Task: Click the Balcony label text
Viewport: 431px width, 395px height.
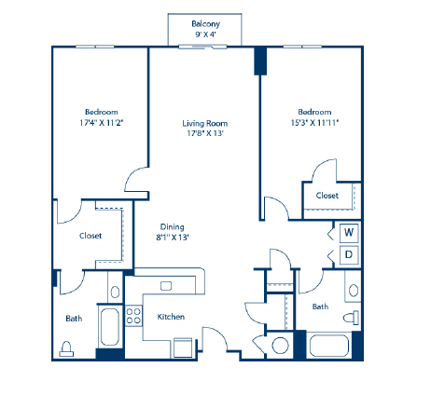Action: point(205,23)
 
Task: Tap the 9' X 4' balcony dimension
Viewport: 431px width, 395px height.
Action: point(205,34)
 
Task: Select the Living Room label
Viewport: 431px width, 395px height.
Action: point(205,123)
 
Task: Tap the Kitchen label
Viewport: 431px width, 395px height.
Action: point(170,317)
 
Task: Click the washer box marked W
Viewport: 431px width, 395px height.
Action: point(348,232)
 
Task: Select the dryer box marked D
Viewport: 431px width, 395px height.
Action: point(348,253)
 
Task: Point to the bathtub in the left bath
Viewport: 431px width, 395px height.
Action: point(107,328)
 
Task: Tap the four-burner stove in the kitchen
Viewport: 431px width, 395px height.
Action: point(132,315)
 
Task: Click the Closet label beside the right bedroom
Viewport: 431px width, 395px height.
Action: point(327,196)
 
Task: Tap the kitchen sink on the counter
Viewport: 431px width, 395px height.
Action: point(166,285)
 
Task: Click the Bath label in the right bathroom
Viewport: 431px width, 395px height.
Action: point(320,306)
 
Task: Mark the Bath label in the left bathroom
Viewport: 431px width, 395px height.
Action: point(74,318)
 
